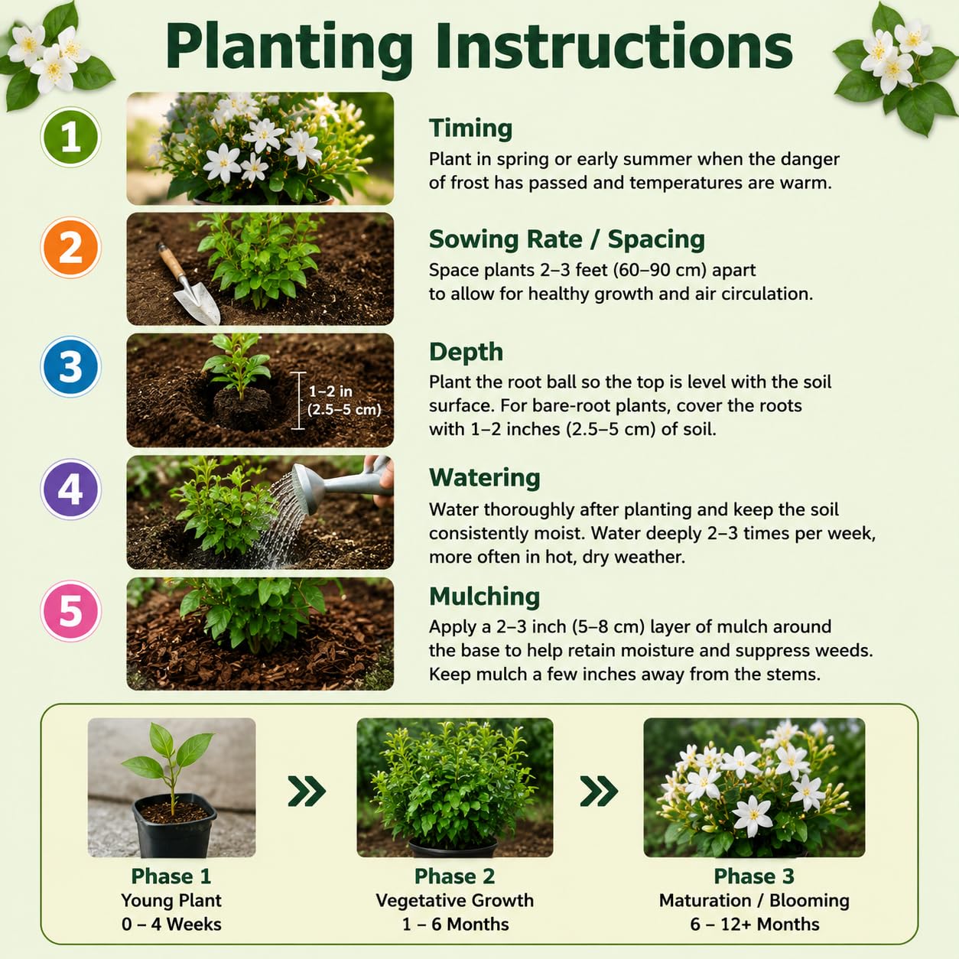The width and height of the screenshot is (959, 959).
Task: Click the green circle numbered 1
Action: coord(70,137)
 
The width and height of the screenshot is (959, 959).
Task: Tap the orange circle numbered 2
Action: coord(70,247)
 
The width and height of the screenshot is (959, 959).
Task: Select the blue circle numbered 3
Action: coord(70,367)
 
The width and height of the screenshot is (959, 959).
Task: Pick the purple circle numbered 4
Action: coord(70,489)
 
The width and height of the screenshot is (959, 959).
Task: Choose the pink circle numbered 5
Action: coord(70,610)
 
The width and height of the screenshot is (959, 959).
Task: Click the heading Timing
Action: coord(470,128)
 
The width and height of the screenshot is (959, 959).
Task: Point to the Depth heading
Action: coord(466,352)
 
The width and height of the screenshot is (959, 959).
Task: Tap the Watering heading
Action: coord(484,478)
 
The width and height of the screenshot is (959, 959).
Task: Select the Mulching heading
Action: coord(484,597)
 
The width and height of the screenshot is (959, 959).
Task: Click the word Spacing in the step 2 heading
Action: coord(656,240)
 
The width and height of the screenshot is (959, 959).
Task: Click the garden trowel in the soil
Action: coord(188,283)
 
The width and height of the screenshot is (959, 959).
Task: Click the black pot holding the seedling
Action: coord(174,824)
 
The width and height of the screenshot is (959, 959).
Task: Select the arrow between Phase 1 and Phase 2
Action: coord(307,791)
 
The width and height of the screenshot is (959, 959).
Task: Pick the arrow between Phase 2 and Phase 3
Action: coord(600,791)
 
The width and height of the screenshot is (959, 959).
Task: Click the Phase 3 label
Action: coord(754,876)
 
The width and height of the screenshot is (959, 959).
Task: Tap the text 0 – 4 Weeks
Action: coord(171,924)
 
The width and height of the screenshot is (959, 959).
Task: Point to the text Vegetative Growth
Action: coord(454,900)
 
